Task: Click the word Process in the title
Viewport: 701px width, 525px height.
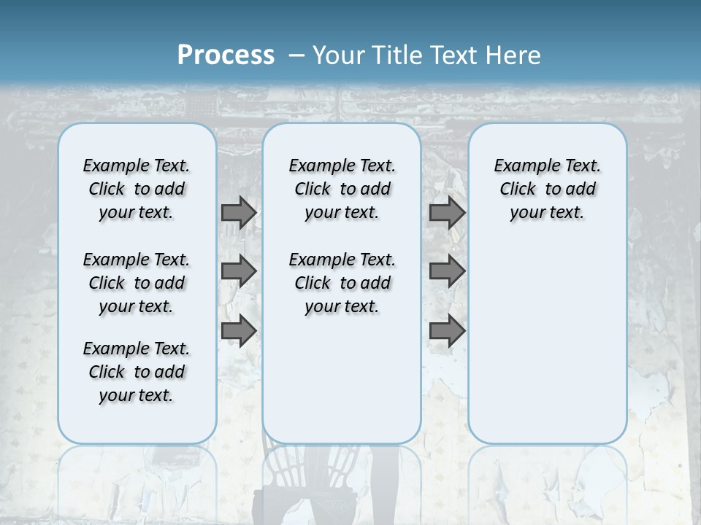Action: pos(226,55)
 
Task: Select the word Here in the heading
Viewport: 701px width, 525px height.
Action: pos(513,55)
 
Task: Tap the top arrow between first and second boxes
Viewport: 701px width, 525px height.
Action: pos(239,212)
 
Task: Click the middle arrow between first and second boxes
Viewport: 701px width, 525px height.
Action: pos(239,271)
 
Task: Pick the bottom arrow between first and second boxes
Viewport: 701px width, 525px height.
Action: pos(239,331)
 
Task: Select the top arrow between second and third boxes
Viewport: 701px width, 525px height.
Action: pos(447,212)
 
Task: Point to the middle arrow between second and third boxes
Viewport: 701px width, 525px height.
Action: pos(447,271)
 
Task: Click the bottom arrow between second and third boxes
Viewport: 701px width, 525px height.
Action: pos(447,331)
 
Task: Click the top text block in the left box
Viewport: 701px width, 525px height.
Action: pos(137,189)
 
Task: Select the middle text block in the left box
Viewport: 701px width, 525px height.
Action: pos(137,283)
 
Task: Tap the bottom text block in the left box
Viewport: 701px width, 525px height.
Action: pos(137,372)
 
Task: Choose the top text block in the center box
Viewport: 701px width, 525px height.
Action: pos(342,189)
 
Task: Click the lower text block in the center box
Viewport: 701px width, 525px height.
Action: pos(342,283)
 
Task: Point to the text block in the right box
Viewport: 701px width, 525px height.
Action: pos(547,189)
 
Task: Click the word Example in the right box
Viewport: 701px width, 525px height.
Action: pos(522,166)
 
